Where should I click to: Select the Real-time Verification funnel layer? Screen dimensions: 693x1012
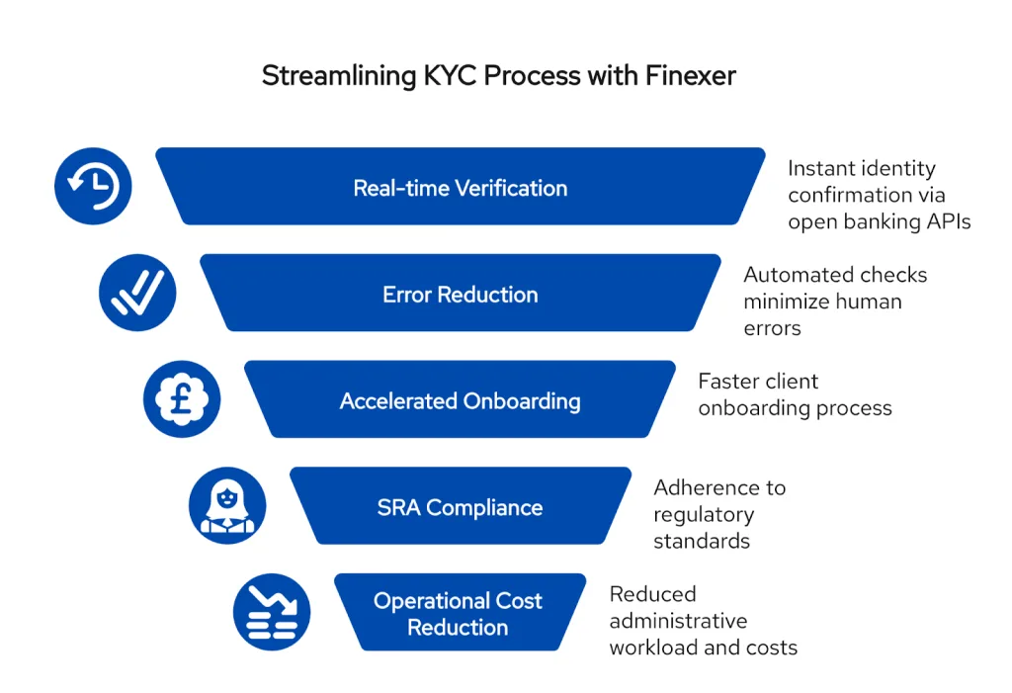[461, 187]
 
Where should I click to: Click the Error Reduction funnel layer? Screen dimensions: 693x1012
[461, 294]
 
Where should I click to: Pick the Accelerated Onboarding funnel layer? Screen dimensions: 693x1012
[461, 400]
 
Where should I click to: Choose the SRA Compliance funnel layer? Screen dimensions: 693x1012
[461, 507]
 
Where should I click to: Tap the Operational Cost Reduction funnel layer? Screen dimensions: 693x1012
[459, 613]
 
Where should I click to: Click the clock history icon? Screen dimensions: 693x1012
[93, 186]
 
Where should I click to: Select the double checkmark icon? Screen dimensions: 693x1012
[137, 293]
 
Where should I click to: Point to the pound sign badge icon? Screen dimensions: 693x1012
[182, 399]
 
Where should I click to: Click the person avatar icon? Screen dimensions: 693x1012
[227, 506]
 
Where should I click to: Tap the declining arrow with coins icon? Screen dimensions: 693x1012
[272, 613]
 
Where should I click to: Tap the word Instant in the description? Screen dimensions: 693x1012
[824, 168]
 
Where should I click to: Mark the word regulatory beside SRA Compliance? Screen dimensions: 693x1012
[703, 514]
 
